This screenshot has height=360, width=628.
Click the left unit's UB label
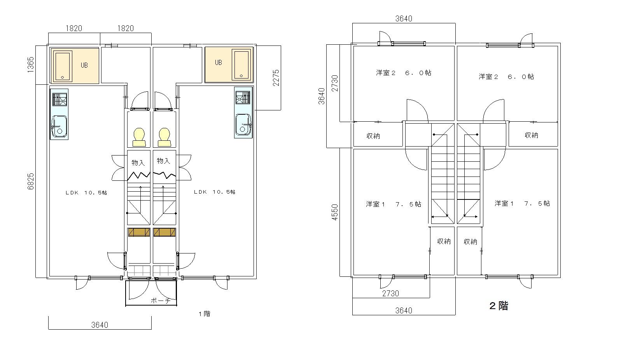(84, 65)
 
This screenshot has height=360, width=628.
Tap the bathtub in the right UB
(241, 65)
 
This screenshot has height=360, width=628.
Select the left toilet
(139, 137)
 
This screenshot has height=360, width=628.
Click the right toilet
(164, 137)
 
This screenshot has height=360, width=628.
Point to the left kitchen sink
(59, 127)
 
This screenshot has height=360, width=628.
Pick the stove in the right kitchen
(243, 98)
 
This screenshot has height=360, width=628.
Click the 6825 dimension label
(31, 182)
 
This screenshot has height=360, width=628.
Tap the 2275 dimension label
(276, 78)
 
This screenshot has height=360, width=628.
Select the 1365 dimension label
(31, 65)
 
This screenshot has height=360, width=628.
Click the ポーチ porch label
(161, 301)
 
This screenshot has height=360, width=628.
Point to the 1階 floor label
(205, 314)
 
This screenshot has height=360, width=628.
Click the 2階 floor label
(499, 306)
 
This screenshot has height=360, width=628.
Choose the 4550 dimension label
(335, 212)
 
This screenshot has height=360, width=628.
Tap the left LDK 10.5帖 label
(86, 192)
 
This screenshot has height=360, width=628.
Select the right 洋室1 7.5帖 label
(522, 204)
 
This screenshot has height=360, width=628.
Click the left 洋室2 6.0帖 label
(403, 73)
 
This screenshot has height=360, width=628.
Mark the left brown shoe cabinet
(139, 232)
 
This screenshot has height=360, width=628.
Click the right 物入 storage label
(163, 161)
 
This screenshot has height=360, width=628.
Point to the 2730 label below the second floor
(390, 294)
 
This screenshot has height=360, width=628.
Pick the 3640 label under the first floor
(100, 325)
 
